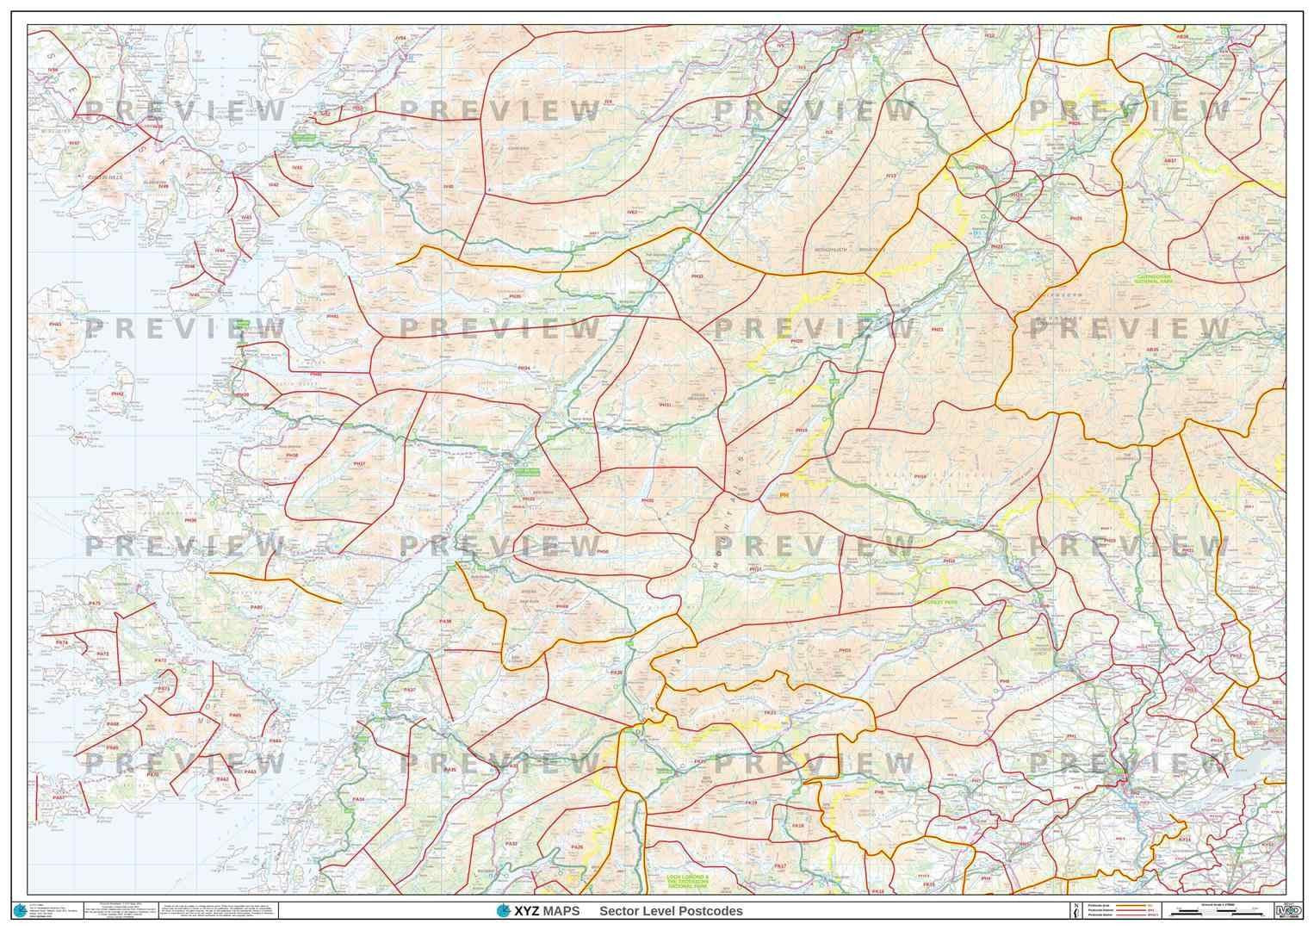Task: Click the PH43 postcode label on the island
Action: (55, 325)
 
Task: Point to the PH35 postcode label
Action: (515, 296)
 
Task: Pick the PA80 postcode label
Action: (257, 607)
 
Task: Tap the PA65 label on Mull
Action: (235, 716)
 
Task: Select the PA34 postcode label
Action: (359, 800)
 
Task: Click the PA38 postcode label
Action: (444, 621)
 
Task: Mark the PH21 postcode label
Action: (937, 330)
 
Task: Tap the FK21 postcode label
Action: (770, 713)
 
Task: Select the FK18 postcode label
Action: (797, 826)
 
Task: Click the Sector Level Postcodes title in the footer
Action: (671, 911)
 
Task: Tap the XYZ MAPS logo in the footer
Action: (538, 911)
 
